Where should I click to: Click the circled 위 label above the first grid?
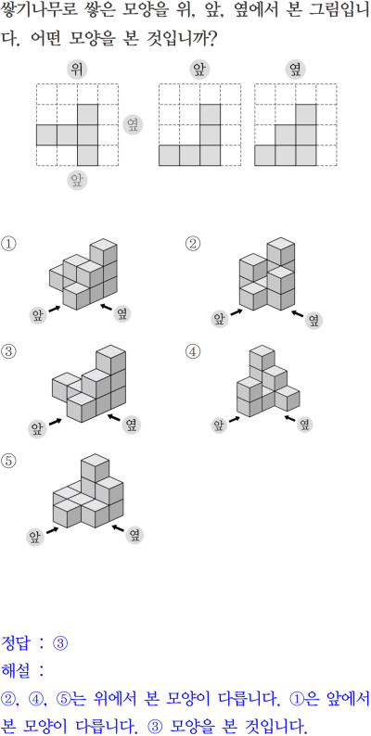click(x=77, y=70)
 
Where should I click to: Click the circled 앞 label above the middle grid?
click(x=199, y=70)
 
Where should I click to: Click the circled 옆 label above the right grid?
click(x=295, y=70)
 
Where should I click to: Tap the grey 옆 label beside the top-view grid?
click(x=133, y=125)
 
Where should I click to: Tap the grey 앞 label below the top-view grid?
click(x=77, y=180)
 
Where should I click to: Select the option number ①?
click(x=8, y=244)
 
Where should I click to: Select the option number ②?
click(x=193, y=244)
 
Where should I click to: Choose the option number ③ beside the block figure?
click(x=8, y=351)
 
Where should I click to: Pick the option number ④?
click(x=193, y=351)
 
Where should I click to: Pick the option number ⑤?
click(x=8, y=462)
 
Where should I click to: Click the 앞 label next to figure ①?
click(x=38, y=314)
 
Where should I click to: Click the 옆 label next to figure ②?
click(x=313, y=321)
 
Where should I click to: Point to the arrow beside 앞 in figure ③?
click(x=56, y=422)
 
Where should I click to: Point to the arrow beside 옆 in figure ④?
click(x=290, y=418)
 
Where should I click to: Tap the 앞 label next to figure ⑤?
click(x=35, y=536)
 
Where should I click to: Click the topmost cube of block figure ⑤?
click(x=96, y=467)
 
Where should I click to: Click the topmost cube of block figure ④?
click(x=262, y=358)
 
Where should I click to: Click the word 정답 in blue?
click(x=16, y=642)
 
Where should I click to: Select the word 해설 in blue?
click(x=16, y=670)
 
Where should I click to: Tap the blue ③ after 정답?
click(x=60, y=643)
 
